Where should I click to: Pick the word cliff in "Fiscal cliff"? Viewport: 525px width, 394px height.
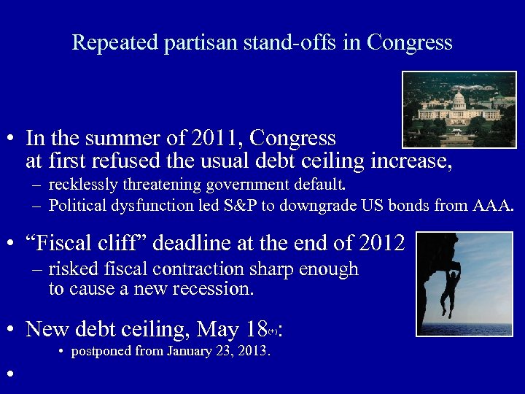[114, 242]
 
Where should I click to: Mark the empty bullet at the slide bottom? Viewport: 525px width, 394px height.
[9, 374]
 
